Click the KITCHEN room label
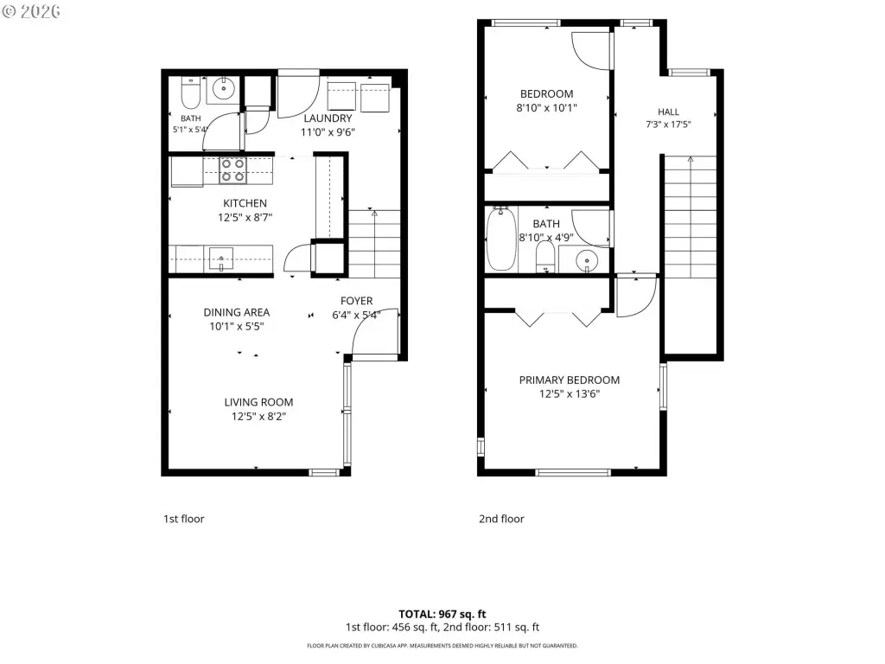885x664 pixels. [x=245, y=203]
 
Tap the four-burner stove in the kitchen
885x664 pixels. [x=232, y=170]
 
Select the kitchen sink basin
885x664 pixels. [x=221, y=259]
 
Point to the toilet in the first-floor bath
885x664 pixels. [x=191, y=93]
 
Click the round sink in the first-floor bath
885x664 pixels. [x=224, y=89]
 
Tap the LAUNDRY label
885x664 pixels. [x=328, y=118]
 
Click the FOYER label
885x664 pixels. [x=357, y=301]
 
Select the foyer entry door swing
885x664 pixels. [x=374, y=333]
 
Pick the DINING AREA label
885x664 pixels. [x=237, y=312]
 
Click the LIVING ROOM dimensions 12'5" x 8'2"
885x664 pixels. [x=258, y=417]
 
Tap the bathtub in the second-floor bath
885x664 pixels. [x=500, y=239]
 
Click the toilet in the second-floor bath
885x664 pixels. [x=545, y=257]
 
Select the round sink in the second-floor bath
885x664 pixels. [x=587, y=261]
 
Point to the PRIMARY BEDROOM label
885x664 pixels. [x=570, y=380]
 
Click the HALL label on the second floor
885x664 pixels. [x=668, y=112]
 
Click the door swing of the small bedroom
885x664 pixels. [x=591, y=51]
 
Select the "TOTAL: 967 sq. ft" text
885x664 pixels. [x=442, y=615]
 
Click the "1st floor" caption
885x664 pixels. [x=184, y=519]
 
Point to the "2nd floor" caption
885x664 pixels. [x=502, y=519]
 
